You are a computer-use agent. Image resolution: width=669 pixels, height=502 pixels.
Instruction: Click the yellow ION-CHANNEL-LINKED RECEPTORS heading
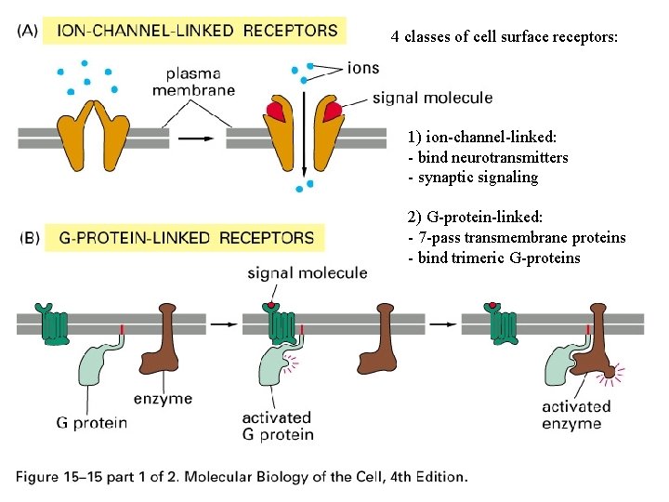point(197,30)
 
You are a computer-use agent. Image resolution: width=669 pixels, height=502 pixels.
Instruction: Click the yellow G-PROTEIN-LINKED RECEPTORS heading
point(186,238)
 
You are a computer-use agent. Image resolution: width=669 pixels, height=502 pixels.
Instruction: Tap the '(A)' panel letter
point(29,30)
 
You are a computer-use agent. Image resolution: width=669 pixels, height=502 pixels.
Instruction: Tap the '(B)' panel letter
point(29,238)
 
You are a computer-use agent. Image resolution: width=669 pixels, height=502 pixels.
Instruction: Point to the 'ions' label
point(362,68)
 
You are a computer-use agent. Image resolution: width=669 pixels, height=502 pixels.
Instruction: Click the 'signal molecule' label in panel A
point(432,97)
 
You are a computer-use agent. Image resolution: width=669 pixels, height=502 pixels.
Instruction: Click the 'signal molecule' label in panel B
point(308,272)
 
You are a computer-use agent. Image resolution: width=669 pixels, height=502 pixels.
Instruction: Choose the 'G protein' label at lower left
point(91,423)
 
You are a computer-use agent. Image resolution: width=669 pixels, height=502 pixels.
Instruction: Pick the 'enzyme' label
point(163,398)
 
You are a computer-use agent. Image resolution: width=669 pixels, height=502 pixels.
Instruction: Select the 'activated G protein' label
point(277,426)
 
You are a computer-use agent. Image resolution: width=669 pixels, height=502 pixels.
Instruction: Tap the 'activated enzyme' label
point(577,415)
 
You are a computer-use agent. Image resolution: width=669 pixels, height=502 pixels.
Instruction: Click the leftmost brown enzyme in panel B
point(170,338)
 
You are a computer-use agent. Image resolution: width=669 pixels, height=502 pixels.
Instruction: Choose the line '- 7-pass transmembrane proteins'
point(517,238)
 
